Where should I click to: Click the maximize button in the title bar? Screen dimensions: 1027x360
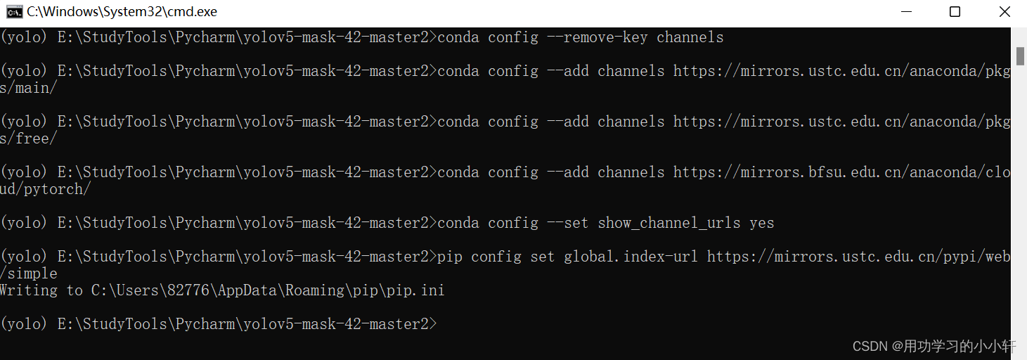(955, 12)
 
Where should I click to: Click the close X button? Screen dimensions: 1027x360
(1005, 12)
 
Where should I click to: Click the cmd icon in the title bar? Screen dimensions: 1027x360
(14, 12)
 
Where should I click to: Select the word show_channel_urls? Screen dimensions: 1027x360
(668, 223)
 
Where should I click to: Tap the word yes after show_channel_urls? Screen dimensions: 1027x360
(761, 223)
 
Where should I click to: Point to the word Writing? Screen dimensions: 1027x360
(28, 290)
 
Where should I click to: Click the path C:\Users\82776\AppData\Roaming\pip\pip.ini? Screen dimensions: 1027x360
(267, 290)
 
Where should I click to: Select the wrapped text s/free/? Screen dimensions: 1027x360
(29, 139)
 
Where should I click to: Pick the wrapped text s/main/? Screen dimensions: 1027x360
(29, 88)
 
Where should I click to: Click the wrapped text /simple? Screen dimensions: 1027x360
(29, 274)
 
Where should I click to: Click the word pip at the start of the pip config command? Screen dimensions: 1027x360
(450, 257)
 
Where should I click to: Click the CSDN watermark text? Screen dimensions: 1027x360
(934, 346)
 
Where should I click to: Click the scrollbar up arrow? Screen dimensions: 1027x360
(1020, 34)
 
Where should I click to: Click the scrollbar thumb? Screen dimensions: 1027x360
(1020, 55)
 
